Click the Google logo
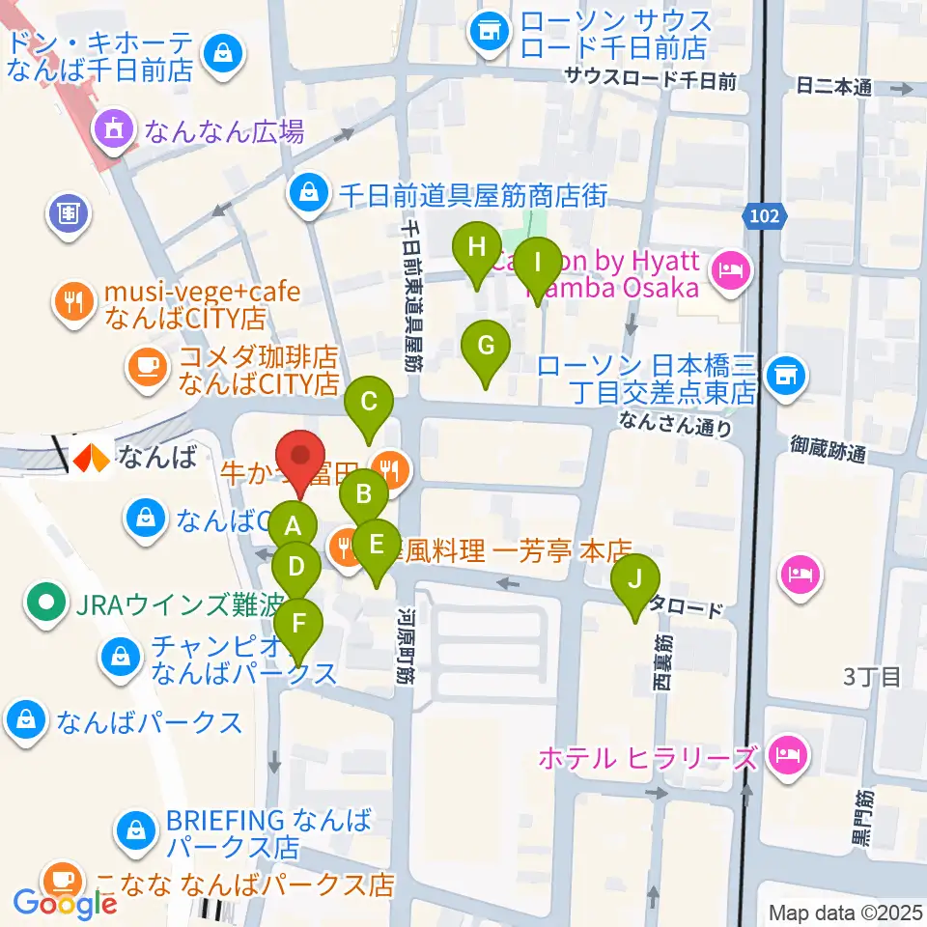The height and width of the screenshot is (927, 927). pos(65,903)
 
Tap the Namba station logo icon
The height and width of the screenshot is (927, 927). pos(93,457)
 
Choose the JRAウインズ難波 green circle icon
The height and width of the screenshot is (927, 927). pos(45,604)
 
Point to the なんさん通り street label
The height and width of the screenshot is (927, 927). pos(675,424)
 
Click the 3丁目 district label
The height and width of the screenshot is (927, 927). pos(872,676)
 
